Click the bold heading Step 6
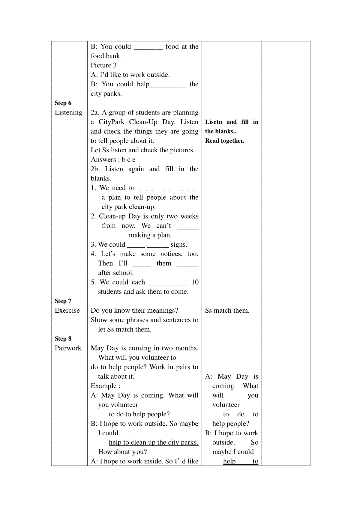click(63, 103)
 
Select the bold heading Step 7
click(63, 301)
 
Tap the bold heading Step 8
click(63, 339)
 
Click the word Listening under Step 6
click(68, 112)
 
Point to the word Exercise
click(67, 311)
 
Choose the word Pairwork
click(68, 348)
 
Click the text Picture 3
click(103, 65)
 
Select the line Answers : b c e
click(113, 159)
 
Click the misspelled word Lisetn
click(214, 122)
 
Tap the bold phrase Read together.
click(225, 141)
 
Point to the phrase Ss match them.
click(227, 311)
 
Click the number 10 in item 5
click(195, 282)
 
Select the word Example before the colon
click(104, 386)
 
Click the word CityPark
click(112, 122)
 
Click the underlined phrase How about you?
click(122, 452)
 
